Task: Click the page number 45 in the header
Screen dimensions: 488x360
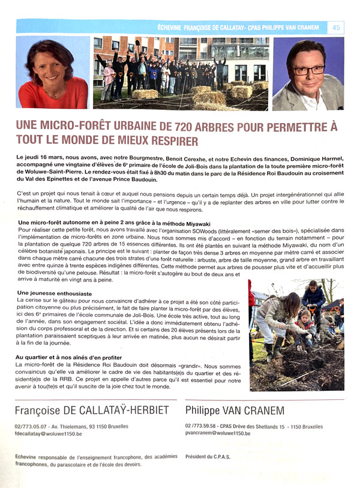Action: [336, 27]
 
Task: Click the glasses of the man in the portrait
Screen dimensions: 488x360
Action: [308, 69]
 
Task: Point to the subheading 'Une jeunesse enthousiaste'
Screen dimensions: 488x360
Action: [54, 293]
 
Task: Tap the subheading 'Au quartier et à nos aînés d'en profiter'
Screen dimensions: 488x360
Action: [74, 357]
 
